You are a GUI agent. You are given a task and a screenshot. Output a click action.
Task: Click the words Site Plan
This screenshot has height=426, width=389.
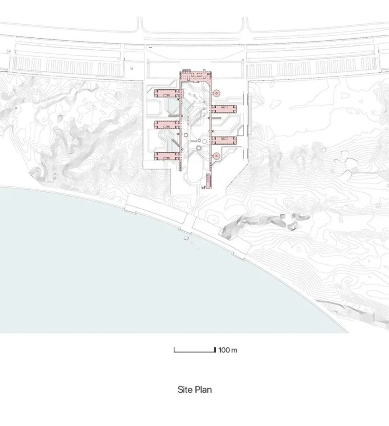(194, 389)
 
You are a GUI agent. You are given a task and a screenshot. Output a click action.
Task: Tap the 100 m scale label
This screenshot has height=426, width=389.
(228, 350)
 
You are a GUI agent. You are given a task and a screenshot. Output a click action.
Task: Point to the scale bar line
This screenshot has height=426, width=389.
(195, 352)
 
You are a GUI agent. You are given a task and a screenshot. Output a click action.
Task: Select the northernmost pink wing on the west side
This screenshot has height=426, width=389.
(167, 93)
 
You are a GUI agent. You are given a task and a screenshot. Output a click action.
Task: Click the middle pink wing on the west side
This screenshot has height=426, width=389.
(167, 125)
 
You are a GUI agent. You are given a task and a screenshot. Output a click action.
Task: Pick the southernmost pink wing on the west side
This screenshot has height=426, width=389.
(167, 156)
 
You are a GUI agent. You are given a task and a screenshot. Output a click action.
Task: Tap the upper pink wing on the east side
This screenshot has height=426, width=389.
(224, 109)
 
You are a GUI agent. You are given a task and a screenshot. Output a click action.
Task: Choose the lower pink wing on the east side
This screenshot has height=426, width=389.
(224, 141)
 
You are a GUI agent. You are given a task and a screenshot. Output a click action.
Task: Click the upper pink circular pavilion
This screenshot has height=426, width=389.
(217, 93)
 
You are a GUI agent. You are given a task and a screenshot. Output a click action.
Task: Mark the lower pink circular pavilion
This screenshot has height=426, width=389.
(217, 156)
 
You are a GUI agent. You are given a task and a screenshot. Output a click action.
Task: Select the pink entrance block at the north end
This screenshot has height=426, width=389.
(196, 75)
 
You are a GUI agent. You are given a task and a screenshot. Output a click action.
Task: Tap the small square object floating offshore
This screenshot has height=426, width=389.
(186, 238)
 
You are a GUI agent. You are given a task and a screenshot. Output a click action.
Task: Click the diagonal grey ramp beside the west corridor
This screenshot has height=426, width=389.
(177, 144)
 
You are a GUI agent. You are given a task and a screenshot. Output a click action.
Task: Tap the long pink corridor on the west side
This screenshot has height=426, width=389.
(180, 122)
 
